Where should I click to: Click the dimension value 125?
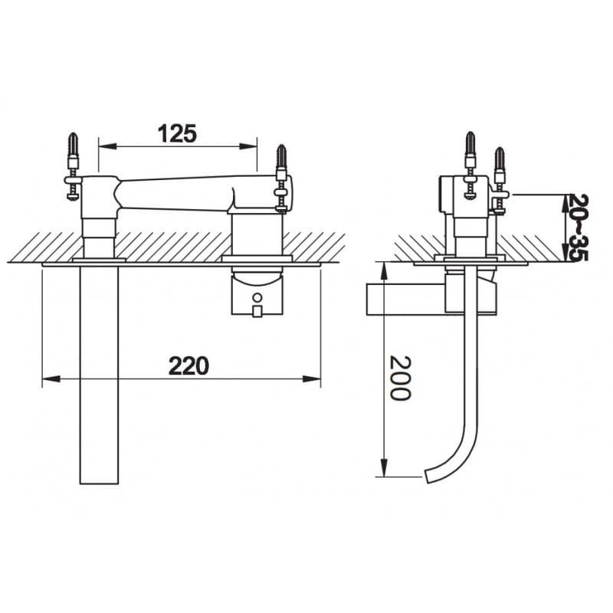pyautogui.click(x=177, y=133)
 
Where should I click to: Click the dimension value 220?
pyautogui.click(x=188, y=366)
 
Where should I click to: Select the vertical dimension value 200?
pyautogui.click(x=400, y=378)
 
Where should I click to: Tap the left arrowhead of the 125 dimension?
pyautogui.click(x=107, y=146)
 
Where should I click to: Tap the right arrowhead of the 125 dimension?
pyautogui.click(x=248, y=146)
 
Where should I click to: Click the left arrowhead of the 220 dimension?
pyautogui.click(x=51, y=379)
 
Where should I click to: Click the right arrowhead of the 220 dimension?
pyautogui.click(x=312, y=379)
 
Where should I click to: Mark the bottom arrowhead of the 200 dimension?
pyautogui.click(x=385, y=467)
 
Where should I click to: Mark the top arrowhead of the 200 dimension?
pyautogui.click(x=385, y=271)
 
